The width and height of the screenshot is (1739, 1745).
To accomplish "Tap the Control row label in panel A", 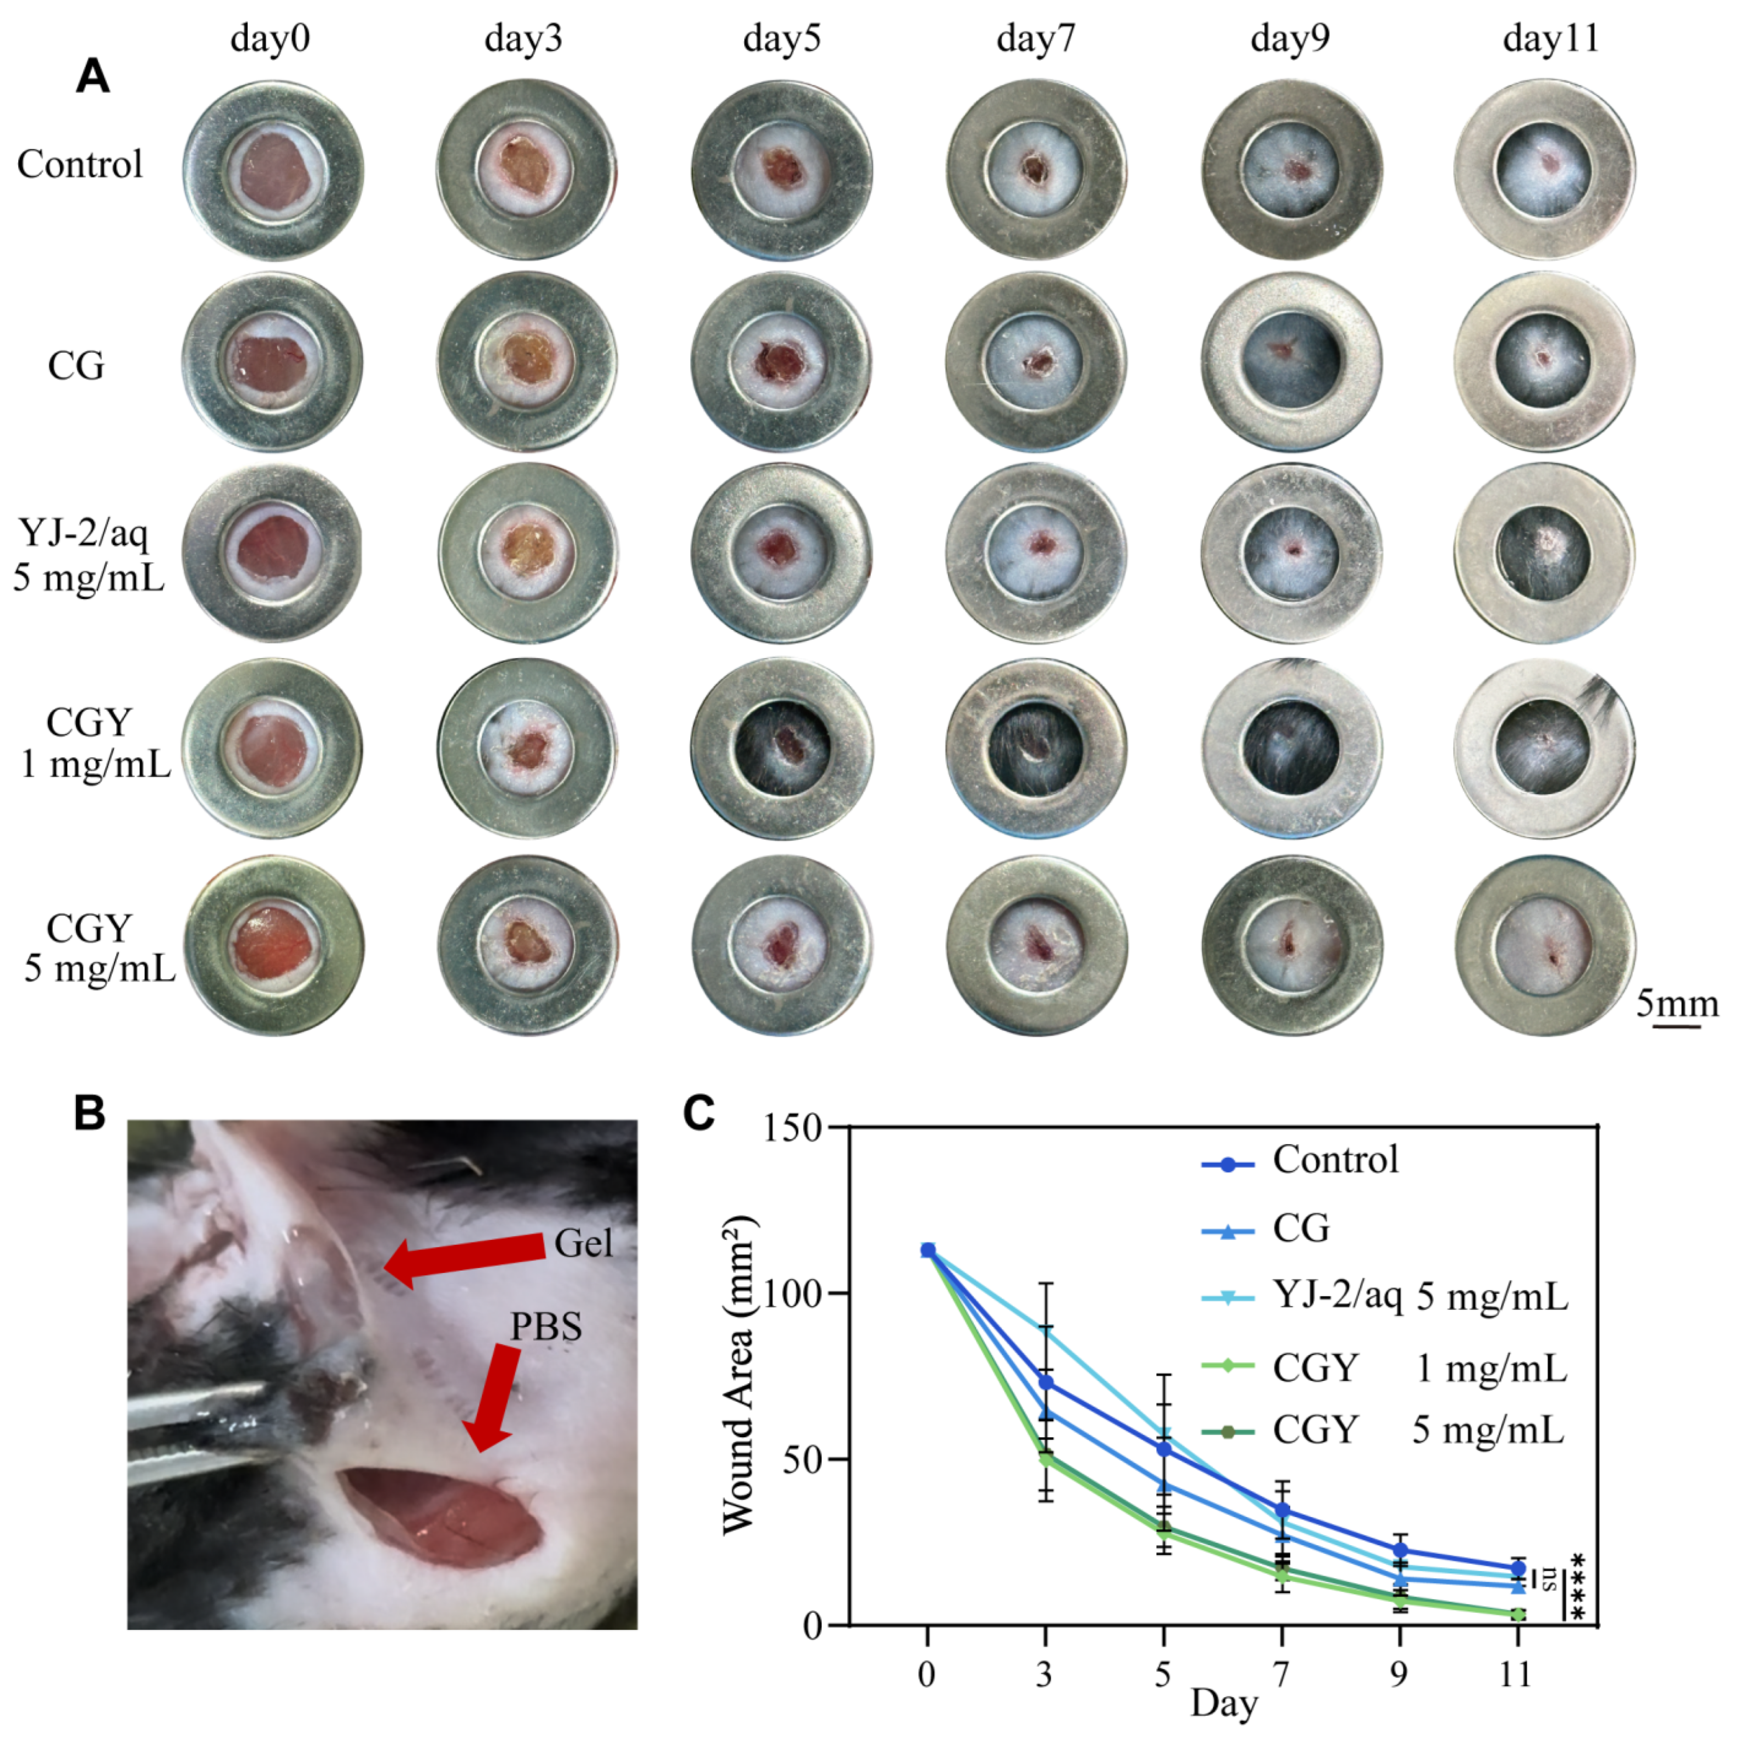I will pyautogui.click(x=80, y=164).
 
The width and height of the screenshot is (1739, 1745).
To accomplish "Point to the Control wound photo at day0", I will pyautogui.click(x=273, y=170).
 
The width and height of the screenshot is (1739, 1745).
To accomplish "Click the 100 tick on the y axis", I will pyautogui.click(x=793, y=1293).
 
